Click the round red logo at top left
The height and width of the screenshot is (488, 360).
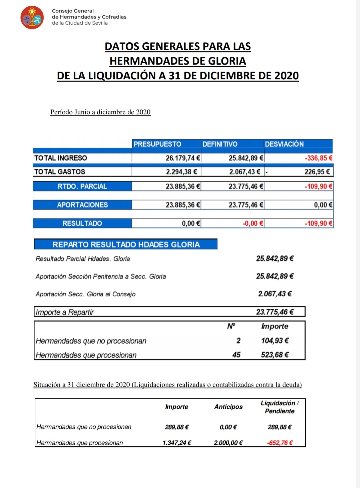click(x=32, y=17)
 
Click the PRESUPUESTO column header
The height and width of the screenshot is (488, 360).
click(x=157, y=144)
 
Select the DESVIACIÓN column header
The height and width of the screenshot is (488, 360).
click(x=284, y=144)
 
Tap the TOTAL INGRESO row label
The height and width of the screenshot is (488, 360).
click(x=61, y=158)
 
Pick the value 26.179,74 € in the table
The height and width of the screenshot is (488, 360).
click(x=183, y=158)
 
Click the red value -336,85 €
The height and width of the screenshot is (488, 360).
click(x=318, y=158)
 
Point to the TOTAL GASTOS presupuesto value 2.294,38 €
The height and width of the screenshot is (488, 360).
click(x=181, y=172)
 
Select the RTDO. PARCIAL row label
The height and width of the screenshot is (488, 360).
click(x=82, y=186)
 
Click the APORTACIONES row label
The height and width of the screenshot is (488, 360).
click(x=82, y=205)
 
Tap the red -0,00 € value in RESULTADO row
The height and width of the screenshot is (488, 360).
click(x=253, y=223)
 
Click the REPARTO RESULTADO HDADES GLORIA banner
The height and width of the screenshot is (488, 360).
click(x=126, y=244)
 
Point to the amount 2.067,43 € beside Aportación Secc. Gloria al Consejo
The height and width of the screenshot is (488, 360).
click(x=275, y=294)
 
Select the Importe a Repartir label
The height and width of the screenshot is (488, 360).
click(x=65, y=312)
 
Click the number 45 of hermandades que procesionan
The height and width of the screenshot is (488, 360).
click(x=236, y=355)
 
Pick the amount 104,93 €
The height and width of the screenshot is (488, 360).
click(x=275, y=340)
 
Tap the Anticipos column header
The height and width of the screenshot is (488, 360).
click(x=228, y=407)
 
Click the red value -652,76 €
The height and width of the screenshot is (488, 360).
click(x=280, y=443)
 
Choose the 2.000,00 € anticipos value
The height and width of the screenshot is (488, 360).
click(x=228, y=443)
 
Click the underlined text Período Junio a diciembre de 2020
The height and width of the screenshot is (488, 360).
click(x=100, y=112)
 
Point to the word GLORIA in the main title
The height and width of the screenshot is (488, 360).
click(x=227, y=61)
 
